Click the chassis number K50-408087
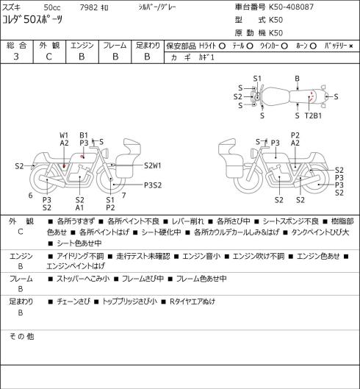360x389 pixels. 292,7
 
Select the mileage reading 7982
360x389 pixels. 88,7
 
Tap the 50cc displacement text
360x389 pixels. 52,7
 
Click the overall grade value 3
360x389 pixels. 16,57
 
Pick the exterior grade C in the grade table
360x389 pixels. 48,57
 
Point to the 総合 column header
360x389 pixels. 16,46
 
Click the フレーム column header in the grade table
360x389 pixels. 115,46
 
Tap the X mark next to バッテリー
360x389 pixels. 351,46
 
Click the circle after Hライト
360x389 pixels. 222,46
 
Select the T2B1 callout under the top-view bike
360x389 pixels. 313,115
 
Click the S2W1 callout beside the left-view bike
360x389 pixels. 153,165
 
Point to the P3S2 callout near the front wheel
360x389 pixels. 153,185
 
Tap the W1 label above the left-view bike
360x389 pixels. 64,135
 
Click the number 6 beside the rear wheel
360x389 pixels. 30,196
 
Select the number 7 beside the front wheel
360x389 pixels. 124,196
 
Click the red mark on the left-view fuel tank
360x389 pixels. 82,157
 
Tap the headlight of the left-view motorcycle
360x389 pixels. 106,152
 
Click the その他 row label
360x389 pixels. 21,336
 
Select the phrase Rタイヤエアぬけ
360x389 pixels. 192,301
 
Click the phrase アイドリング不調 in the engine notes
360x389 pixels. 80,256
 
